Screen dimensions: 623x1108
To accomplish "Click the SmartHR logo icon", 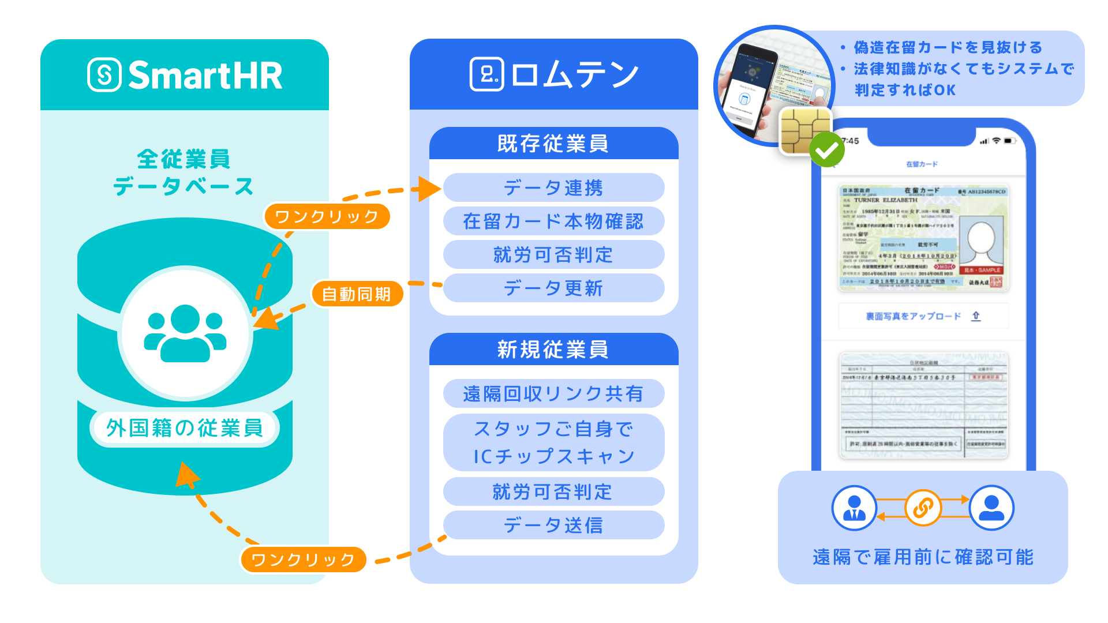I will point(104,74).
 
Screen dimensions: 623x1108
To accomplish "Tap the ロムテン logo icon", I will point(486,74).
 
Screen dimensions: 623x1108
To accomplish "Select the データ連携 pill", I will point(553,188).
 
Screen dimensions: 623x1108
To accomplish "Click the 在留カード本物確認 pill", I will point(553,222).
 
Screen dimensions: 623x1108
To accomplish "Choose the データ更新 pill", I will point(553,288).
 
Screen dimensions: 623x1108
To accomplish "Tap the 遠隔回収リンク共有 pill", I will point(553,393).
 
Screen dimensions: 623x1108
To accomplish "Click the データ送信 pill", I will point(553,525).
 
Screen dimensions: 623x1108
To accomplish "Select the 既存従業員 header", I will point(553,144).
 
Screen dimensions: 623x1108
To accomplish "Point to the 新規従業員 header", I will point(553,350).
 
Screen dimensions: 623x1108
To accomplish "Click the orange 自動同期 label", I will point(357,294).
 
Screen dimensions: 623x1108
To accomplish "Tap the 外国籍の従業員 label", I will point(185,428).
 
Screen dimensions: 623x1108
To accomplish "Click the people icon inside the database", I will point(185,333).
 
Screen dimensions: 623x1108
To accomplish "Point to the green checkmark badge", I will point(826,149).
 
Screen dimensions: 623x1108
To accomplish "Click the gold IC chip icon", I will point(804,130).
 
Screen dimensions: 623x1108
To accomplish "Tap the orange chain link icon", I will point(923,508).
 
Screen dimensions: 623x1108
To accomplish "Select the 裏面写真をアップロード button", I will point(923,316).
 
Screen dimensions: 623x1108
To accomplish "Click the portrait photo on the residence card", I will point(981,242).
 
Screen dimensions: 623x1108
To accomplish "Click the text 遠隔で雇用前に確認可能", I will point(923,557).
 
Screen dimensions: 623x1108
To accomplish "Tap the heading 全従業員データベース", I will point(184,172).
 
